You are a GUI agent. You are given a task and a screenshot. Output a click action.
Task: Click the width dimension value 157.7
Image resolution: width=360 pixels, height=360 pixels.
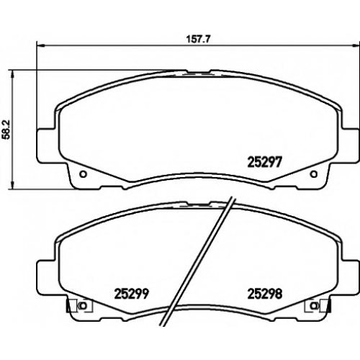(198, 39)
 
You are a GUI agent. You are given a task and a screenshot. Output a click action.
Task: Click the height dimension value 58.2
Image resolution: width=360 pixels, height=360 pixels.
(6, 130)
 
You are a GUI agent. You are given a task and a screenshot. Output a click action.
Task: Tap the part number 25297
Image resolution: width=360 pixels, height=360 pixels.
(264, 162)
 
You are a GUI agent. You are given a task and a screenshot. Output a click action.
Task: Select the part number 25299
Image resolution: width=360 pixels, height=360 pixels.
(132, 294)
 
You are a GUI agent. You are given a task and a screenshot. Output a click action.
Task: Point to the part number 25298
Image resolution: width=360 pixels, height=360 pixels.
(265, 294)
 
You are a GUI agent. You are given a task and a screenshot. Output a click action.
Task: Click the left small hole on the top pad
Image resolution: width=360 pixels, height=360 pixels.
(83, 174)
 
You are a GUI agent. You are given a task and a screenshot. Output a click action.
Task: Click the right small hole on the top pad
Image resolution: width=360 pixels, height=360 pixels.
(314, 174)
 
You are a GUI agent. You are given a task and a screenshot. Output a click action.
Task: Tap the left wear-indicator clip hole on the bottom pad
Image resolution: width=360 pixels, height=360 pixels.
(83, 306)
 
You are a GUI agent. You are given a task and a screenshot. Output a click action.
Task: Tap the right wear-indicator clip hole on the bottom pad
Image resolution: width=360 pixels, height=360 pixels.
(314, 306)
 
